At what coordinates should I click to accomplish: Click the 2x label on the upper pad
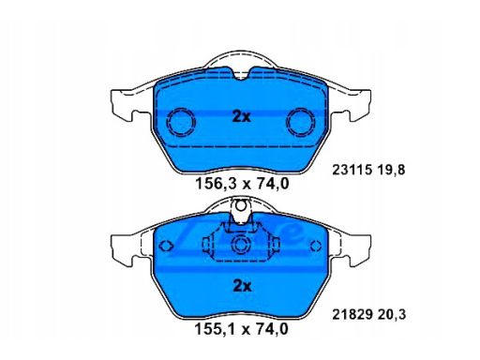click(x=241, y=116)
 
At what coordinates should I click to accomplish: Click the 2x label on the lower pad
click(x=242, y=286)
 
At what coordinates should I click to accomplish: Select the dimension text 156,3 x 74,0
click(x=242, y=184)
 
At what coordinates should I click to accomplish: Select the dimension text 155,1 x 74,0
click(x=242, y=329)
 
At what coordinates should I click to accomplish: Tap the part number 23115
click(x=352, y=170)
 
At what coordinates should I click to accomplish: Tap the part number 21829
click(x=352, y=314)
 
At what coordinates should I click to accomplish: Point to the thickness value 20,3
click(x=392, y=315)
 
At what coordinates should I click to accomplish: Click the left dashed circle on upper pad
click(x=181, y=122)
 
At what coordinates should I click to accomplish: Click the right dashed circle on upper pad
click(x=301, y=122)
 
